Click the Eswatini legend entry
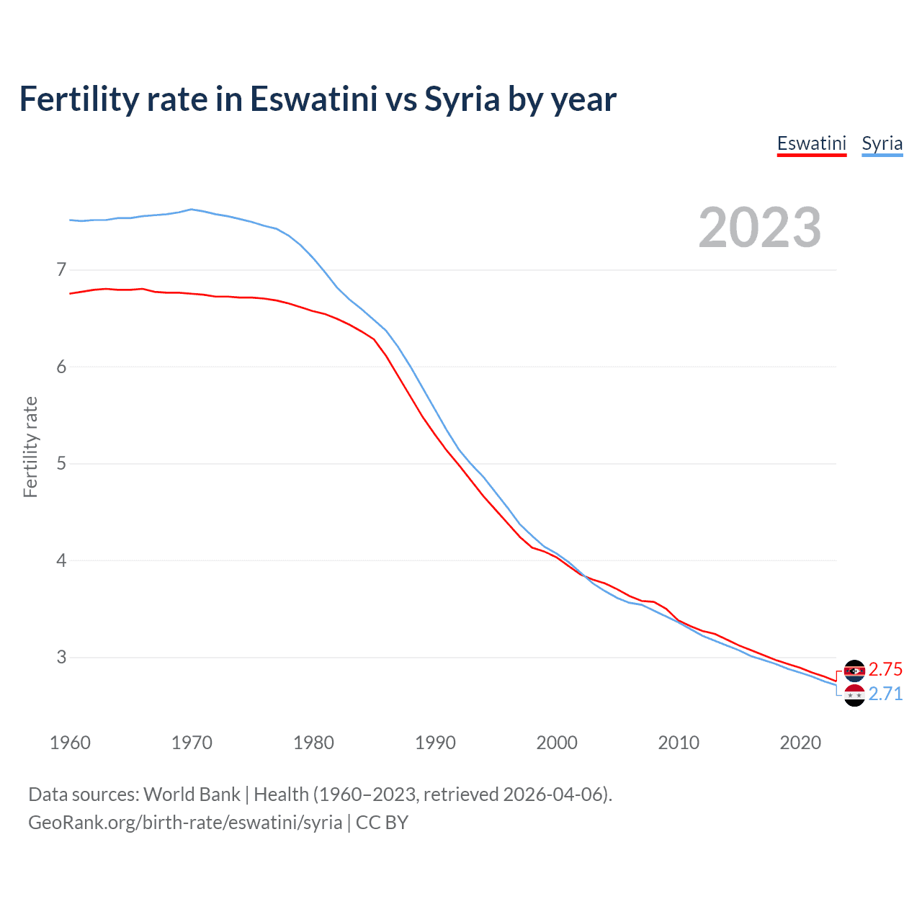(811, 143)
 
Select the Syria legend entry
(882, 143)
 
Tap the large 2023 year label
(760, 228)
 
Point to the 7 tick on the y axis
(61, 270)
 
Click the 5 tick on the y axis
(61, 463)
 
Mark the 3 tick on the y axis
(61, 657)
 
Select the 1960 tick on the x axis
(70, 743)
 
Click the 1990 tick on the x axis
(435, 743)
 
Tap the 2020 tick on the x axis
(800, 743)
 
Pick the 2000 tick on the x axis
(557, 743)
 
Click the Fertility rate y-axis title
(30, 447)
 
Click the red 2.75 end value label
(885, 669)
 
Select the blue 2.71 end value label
(885, 694)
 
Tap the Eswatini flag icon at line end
(854, 671)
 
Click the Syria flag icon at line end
(854, 695)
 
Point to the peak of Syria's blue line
(191, 210)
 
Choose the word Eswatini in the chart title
(313, 99)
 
